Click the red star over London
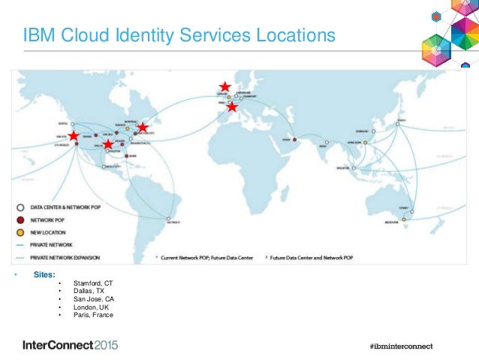click(224, 87)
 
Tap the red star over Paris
click(233, 107)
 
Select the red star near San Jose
click(74, 136)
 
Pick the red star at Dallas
click(108, 144)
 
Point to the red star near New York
click(143, 128)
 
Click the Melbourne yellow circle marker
click(405, 219)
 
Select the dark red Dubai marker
click(294, 140)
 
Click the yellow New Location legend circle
click(23, 232)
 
